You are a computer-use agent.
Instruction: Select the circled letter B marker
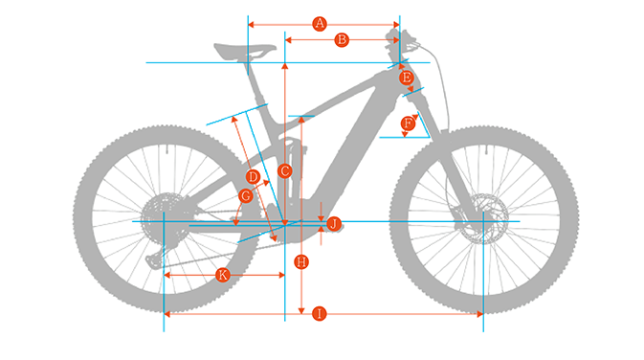[x=340, y=40]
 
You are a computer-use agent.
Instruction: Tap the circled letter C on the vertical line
[x=284, y=170]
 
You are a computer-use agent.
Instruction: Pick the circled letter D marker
[x=253, y=177]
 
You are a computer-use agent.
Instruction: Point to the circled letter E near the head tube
[x=406, y=77]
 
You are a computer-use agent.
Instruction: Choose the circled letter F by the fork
[x=409, y=123]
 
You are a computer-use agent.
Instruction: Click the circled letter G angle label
[x=246, y=196]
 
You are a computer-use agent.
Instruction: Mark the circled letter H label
[x=301, y=260]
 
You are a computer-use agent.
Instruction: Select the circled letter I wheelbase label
[x=320, y=313]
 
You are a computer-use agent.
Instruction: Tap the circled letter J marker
[x=333, y=223]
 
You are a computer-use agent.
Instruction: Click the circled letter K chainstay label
[x=223, y=275]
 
